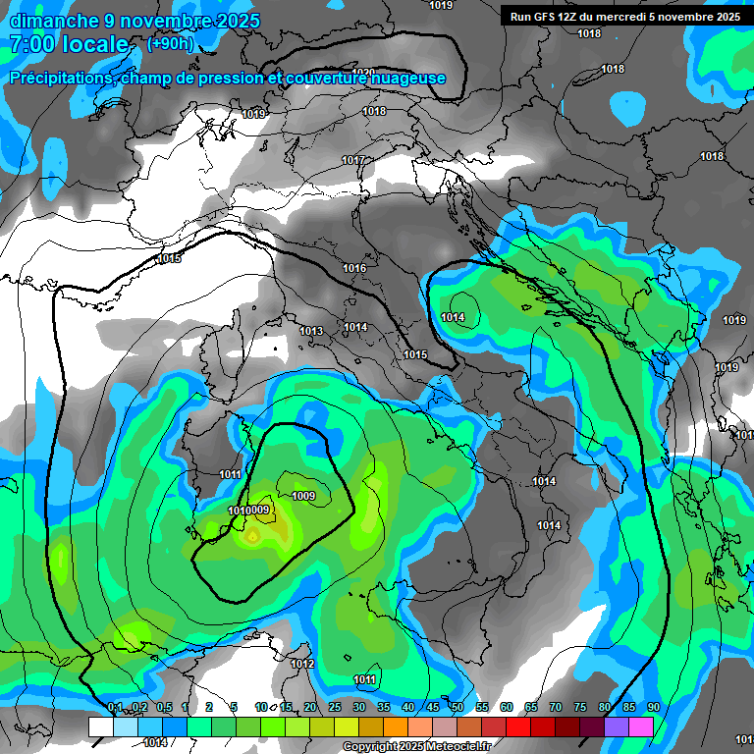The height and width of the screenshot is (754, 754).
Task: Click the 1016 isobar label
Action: [x=354, y=268]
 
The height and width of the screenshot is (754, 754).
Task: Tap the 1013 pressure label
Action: [x=311, y=331]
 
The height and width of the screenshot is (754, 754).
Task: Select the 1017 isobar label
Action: [x=353, y=160]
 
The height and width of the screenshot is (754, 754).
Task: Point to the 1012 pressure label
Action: [x=302, y=664]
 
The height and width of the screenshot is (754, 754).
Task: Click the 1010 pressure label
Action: [x=237, y=511]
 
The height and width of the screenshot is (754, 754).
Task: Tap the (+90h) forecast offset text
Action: [x=170, y=44]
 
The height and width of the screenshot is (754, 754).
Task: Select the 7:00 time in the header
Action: [x=32, y=45]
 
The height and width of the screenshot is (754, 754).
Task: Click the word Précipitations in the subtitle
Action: [x=62, y=78]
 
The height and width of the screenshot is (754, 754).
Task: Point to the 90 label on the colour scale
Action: [x=653, y=708]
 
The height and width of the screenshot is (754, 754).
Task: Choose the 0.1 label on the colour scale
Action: [x=115, y=708]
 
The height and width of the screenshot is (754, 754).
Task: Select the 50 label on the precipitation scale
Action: [x=457, y=708]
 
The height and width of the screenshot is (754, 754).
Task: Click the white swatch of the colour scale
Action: [x=100, y=727]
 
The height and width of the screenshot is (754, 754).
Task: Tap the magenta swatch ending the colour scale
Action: [x=640, y=727]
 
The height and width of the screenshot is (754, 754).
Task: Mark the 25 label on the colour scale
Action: [x=334, y=708]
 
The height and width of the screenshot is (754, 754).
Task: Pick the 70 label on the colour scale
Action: [x=555, y=708]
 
